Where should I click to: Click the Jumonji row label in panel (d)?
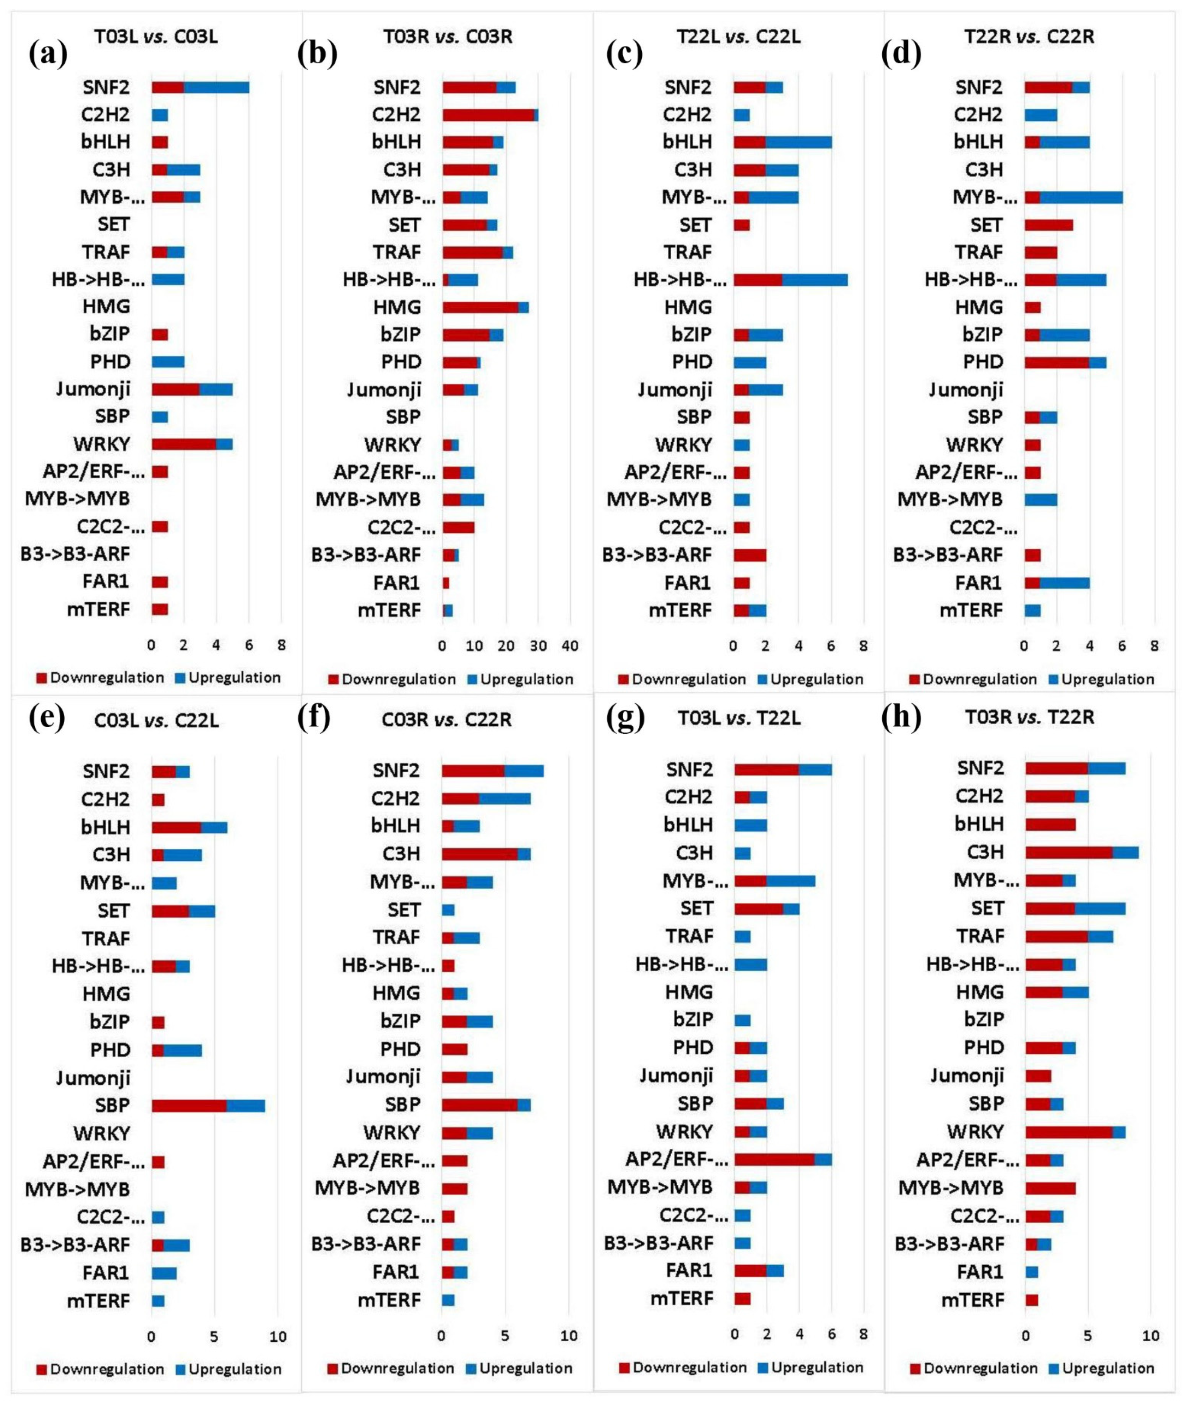[966, 390]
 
